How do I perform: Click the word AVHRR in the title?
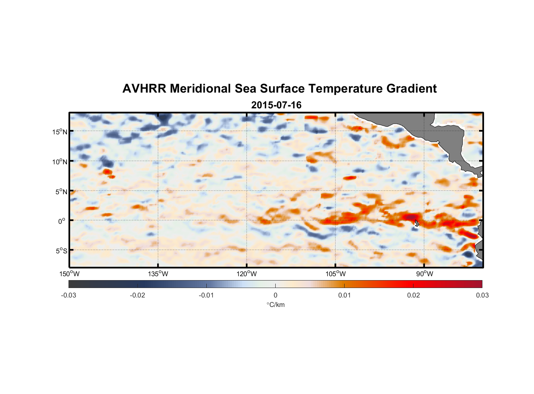[144, 89]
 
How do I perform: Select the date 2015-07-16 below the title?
[276, 105]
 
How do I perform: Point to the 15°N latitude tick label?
[60, 132]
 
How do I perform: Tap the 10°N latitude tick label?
[60, 162]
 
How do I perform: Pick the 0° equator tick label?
[62, 221]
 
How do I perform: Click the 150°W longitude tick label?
[69, 274]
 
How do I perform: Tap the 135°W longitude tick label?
[158, 274]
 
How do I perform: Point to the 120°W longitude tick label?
[247, 274]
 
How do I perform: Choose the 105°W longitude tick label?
[336, 274]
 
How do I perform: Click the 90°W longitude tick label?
[425, 274]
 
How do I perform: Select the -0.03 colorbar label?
[69, 295]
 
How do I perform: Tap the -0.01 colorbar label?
[206, 295]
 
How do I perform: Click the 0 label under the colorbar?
[275, 295]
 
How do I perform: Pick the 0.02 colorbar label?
[413, 295]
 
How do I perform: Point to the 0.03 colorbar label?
[482, 295]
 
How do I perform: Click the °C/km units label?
[276, 305]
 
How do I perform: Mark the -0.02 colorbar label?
[137, 295]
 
